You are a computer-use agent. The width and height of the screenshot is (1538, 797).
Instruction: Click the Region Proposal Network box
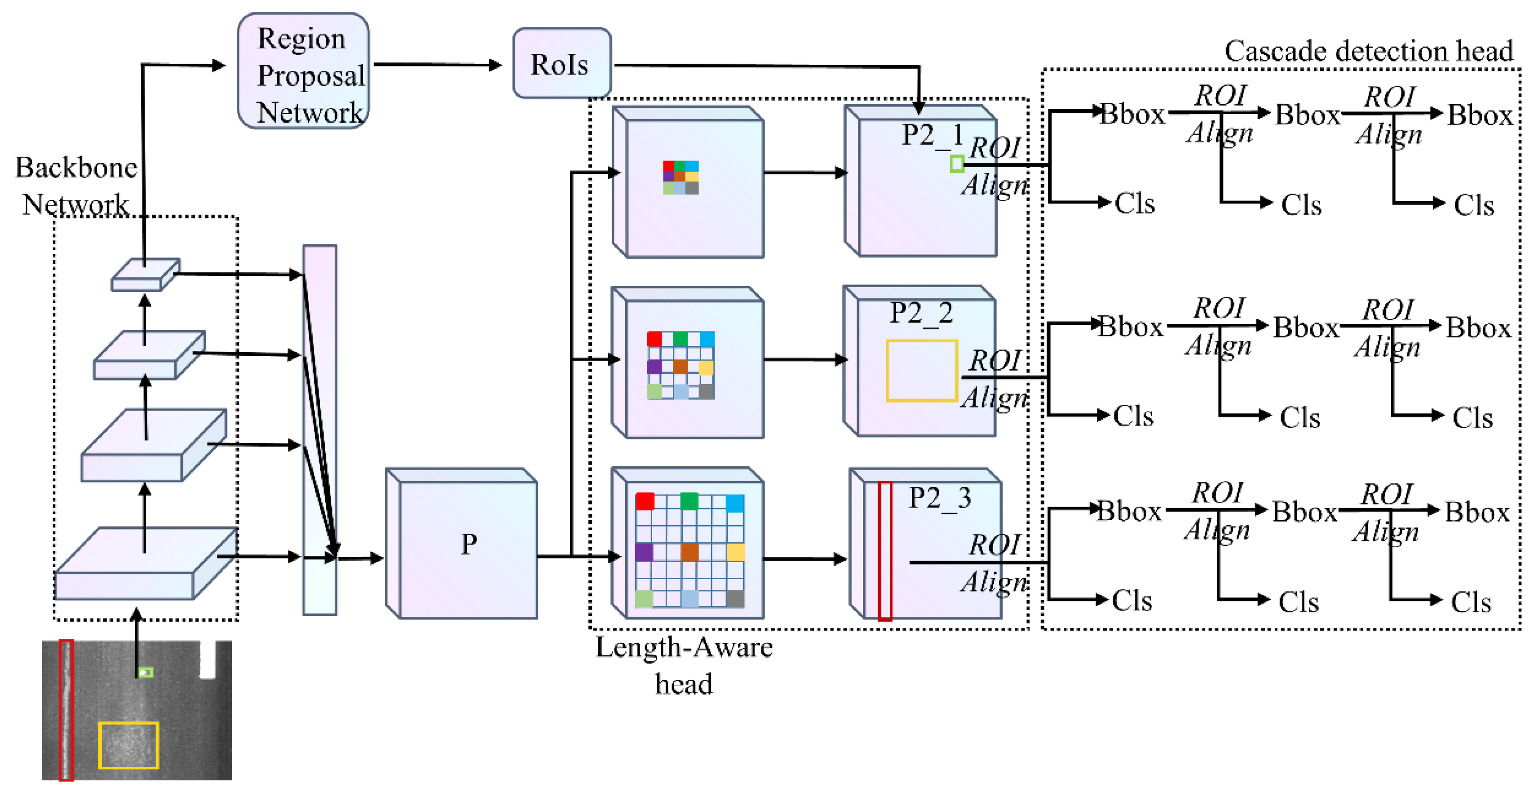point(303,71)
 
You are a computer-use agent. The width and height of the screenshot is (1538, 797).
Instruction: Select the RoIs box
point(561,63)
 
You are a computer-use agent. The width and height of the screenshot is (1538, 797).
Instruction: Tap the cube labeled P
point(461,543)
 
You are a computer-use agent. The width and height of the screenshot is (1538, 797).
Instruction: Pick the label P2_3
point(940,498)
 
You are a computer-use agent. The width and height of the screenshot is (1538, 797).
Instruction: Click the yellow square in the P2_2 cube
point(922,371)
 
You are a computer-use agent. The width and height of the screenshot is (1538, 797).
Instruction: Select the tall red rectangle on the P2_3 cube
point(884,551)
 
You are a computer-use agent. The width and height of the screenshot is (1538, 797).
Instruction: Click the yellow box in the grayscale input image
point(128,745)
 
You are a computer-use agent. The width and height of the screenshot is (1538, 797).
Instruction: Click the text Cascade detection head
point(1369,51)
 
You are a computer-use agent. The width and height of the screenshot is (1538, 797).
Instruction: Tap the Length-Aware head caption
point(684,665)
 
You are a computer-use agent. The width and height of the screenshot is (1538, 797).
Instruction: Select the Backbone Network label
point(76,186)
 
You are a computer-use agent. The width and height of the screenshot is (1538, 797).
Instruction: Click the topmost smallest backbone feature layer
point(145,275)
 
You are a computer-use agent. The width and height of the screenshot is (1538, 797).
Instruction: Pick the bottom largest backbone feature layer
point(146,563)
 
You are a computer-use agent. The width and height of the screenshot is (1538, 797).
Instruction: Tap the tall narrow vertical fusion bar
point(320,430)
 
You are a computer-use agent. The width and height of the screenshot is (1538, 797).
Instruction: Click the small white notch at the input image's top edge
point(207,660)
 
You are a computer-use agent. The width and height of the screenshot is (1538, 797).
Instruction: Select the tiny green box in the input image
point(146,672)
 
